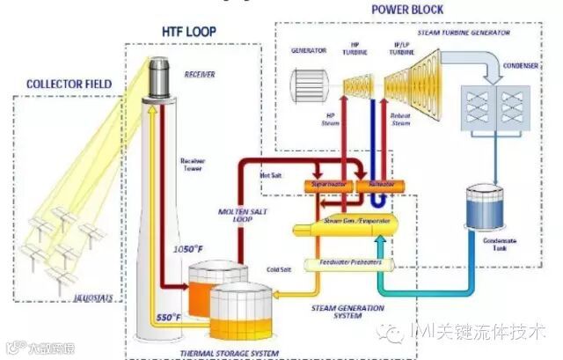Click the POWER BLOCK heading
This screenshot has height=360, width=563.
(406, 11)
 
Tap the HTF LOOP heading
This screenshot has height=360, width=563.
(188, 32)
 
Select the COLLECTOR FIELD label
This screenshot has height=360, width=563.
(69, 84)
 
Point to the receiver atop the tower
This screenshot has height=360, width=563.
(158, 77)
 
